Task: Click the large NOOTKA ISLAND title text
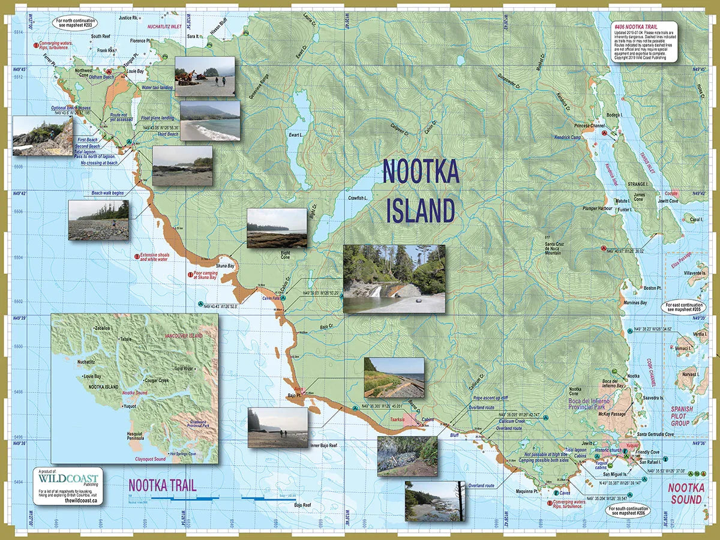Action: (x=421, y=191)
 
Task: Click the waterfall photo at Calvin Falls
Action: (x=394, y=278)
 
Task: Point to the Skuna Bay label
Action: (x=226, y=265)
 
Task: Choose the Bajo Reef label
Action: (x=303, y=505)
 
